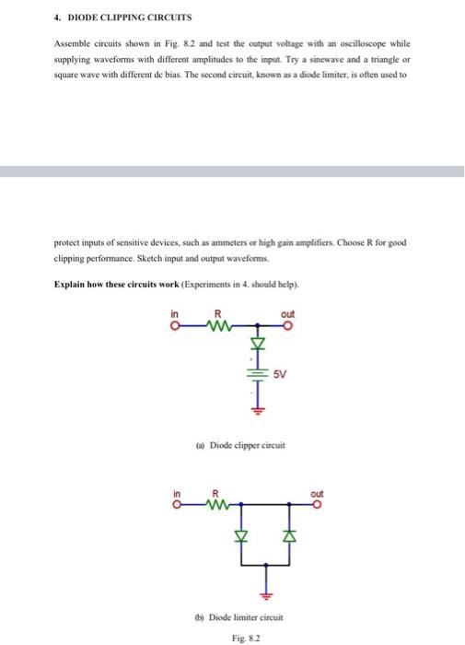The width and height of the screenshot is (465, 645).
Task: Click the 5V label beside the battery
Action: [x=280, y=374]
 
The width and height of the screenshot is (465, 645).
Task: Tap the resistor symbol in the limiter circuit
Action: [x=217, y=504]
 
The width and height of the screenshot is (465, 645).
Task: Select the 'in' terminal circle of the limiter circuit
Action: [x=174, y=504]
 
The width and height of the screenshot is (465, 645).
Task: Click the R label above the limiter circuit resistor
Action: [x=216, y=493]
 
